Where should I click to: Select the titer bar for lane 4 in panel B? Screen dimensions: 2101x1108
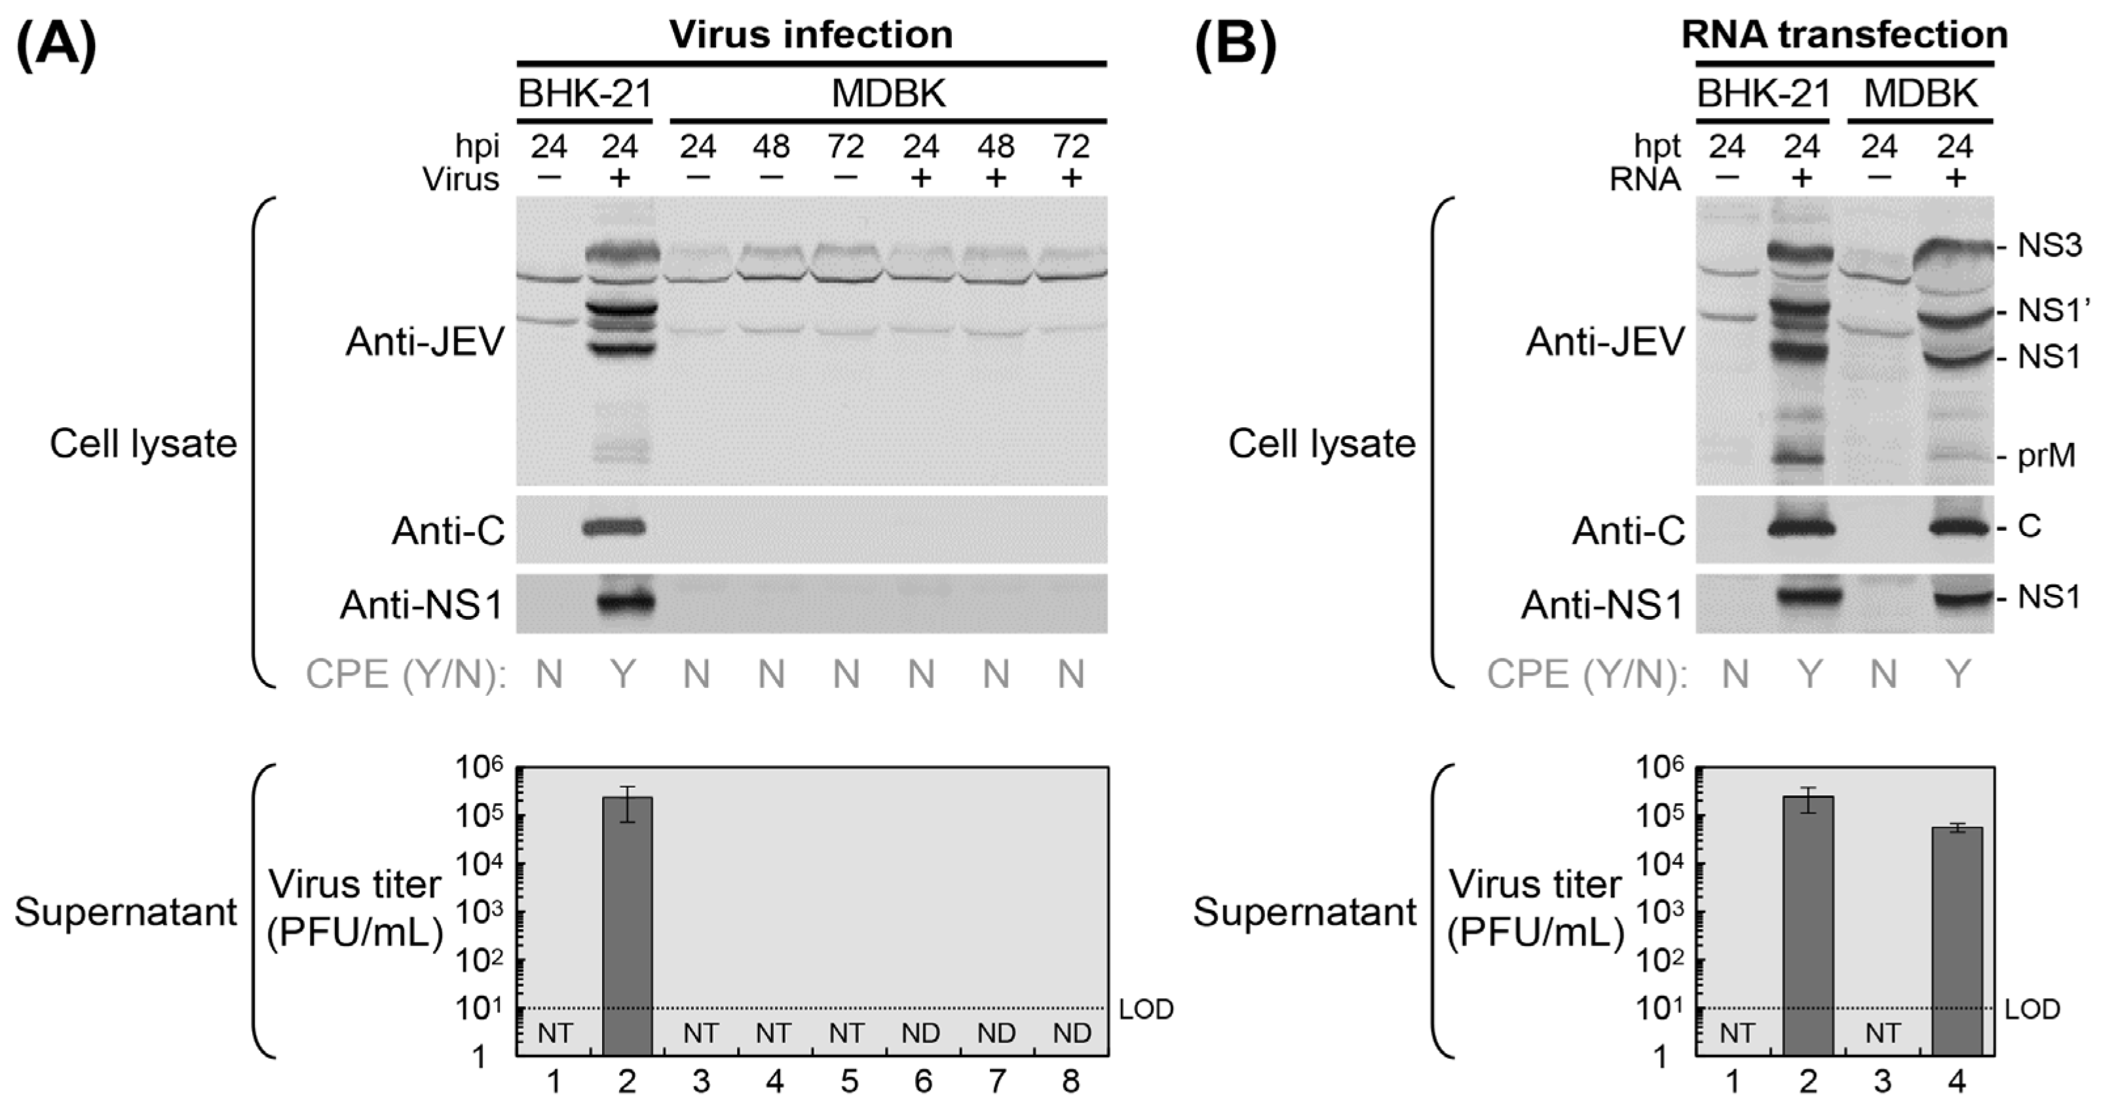coord(1957,942)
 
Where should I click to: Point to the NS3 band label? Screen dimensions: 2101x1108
coord(2049,246)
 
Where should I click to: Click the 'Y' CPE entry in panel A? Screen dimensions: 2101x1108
coord(622,674)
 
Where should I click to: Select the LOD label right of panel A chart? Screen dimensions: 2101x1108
coord(1146,1009)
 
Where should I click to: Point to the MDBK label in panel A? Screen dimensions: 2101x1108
coord(888,94)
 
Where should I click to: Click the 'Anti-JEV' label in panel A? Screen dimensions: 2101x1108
coord(425,343)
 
